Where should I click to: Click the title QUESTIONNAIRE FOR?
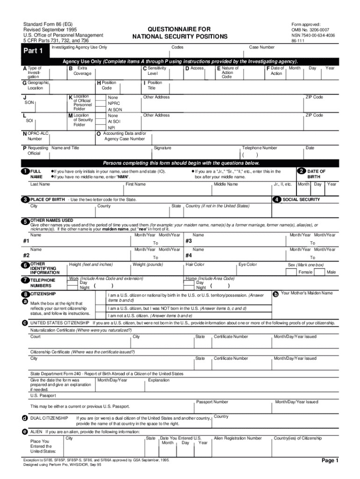click(x=180, y=29)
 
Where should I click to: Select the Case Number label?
click(x=262, y=47)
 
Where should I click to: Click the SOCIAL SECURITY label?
click(x=302, y=200)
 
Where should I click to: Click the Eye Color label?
click(x=248, y=265)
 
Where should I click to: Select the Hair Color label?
click(x=195, y=265)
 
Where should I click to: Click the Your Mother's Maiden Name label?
click(x=307, y=293)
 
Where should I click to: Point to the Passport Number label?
click(x=212, y=402)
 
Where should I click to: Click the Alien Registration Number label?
click(x=238, y=438)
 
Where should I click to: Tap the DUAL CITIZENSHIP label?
click(x=49, y=418)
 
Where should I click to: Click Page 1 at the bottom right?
click(x=330, y=461)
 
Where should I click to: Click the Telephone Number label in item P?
click(x=259, y=148)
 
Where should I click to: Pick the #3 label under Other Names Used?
click(x=189, y=241)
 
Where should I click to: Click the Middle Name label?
click(x=226, y=184)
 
